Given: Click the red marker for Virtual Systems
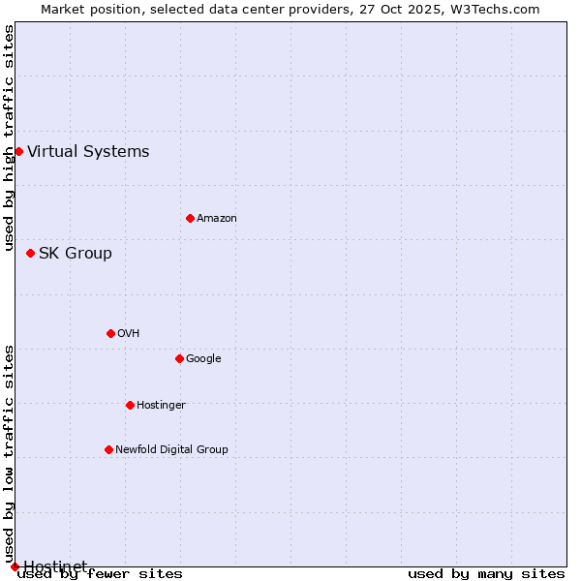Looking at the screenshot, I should click(18, 151).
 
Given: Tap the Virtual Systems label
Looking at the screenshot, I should click(88, 151).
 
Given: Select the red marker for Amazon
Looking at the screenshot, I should click(190, 218).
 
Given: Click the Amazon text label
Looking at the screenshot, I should click(217, 219).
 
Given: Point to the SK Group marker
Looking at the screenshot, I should click(30, 253).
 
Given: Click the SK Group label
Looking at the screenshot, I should click(76, 254).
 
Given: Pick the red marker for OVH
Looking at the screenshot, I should click(110, 333).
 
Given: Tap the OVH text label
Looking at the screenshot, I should click(129, 334).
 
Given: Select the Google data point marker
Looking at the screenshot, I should click(179, 358).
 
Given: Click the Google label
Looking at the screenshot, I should click(203, 359).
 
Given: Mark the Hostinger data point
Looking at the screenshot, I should click(130, 405).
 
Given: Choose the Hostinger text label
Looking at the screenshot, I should click(161, 406).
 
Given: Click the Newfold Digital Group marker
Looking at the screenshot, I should click(108, 449).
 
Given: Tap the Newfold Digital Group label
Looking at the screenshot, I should click(171, 450).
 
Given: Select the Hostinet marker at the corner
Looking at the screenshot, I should click(15, 566).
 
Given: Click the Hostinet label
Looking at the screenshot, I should click(55, 566).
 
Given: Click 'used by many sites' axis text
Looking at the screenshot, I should click(486, 574).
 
